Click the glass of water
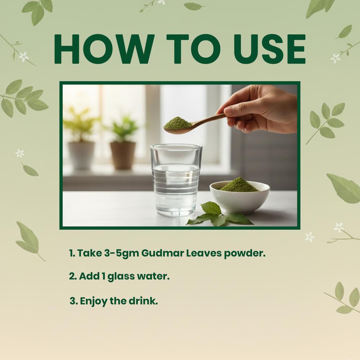pos(176,180)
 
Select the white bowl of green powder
pos(239,196)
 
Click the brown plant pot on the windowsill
pos(123,155)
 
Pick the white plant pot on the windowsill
pos(81,155)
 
